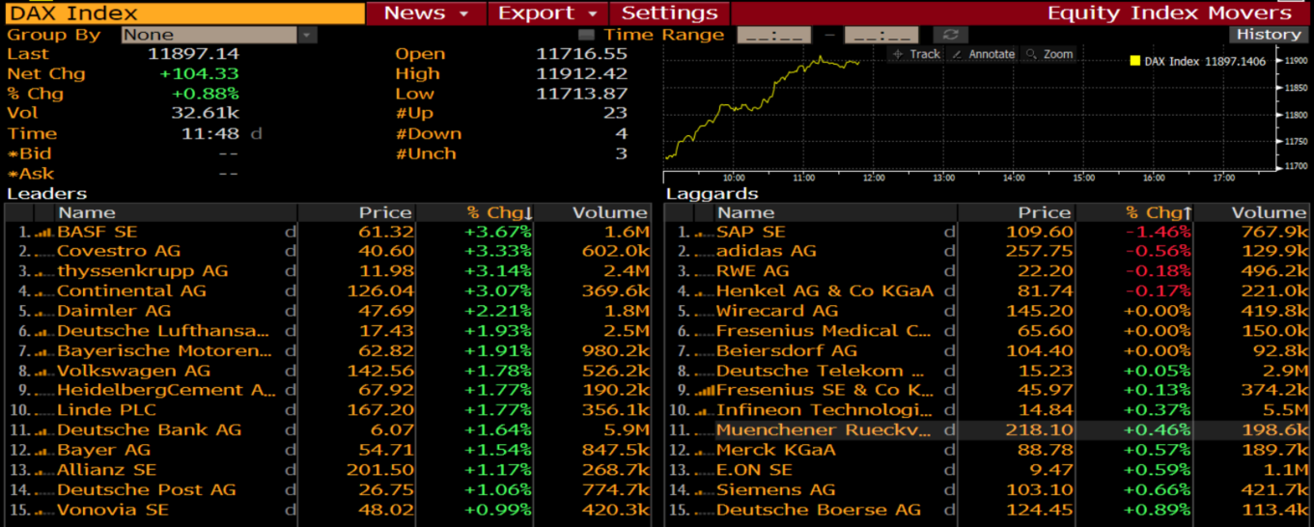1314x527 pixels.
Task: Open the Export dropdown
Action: pos(547,14)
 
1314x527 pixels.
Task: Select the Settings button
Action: pos(670,14)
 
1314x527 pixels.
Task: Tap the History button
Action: pos(1269,34)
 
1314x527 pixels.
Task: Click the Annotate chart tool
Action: pos(983,54)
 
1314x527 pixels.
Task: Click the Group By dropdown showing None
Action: pos(218,35)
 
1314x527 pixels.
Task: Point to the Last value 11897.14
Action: pos(193,54)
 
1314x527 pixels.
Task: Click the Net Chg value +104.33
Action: pos(199,73)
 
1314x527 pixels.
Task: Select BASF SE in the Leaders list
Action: pos(98,232)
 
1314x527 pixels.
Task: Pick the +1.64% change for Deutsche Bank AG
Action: pos(498,430)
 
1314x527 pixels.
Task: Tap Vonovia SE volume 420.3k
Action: pos(615,510)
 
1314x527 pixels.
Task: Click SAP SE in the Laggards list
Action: pos(750,232)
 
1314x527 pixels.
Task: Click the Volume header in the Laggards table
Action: pos(1269,212)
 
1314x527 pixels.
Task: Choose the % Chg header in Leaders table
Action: pos(498,212)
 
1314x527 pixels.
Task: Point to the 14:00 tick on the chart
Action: pos(1014,178)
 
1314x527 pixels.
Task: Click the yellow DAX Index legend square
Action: pos(1134,61)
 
